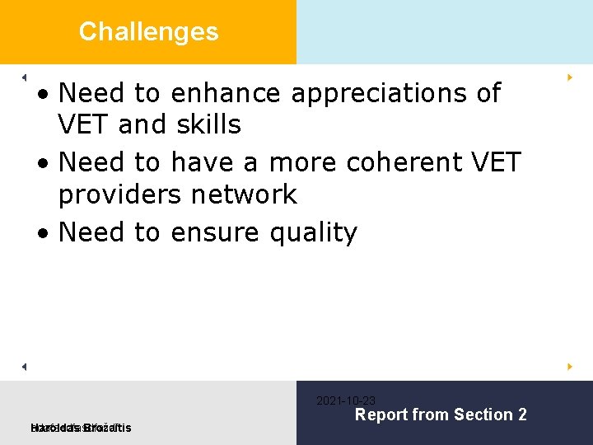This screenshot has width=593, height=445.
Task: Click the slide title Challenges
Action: tap(148, 32)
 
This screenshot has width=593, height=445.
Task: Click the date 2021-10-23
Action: tap(346, 400)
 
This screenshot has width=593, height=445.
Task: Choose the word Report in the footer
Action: tap(381, 415)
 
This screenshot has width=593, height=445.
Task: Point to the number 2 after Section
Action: tap(521, 415)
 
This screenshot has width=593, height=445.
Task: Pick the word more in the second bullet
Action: tap(303, 162)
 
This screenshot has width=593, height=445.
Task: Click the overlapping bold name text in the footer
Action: tap(80, 427)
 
